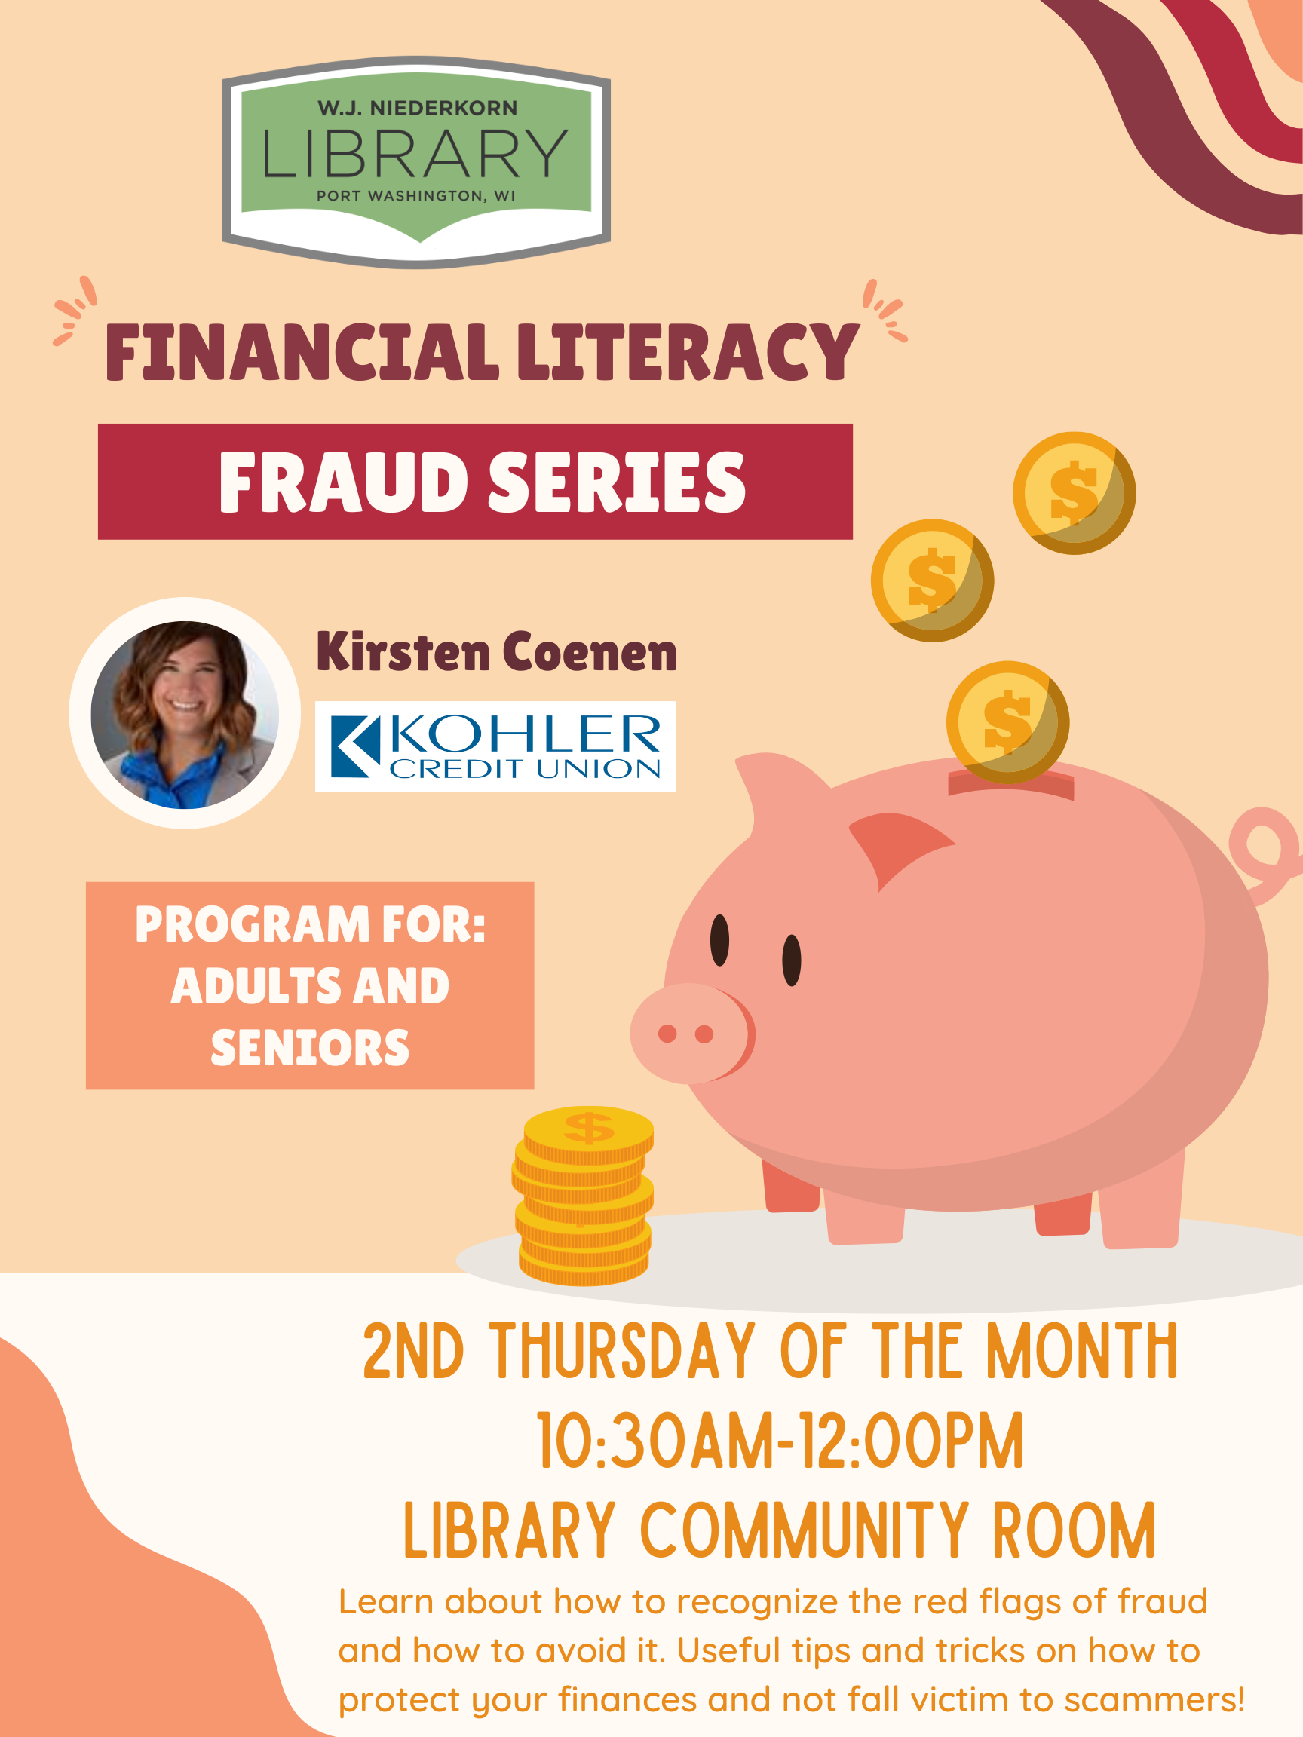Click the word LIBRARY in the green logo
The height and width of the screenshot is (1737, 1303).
[415, 153]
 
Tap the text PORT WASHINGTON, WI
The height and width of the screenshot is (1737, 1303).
[415, 195]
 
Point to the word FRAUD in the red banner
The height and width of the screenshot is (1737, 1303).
[344, 482]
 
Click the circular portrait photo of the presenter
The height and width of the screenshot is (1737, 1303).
[185, 714]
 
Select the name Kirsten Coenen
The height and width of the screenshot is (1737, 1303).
[496, 652]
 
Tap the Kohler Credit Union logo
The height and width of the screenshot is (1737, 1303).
[495, 746]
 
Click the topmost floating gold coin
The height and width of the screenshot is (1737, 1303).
[1074, 493]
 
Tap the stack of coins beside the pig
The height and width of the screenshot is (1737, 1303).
[583, 1196]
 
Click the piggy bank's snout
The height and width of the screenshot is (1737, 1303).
[691, 1034]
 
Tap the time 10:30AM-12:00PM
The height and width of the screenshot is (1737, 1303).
[780, 1440]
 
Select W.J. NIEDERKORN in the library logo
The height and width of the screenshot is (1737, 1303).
[417, 109]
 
